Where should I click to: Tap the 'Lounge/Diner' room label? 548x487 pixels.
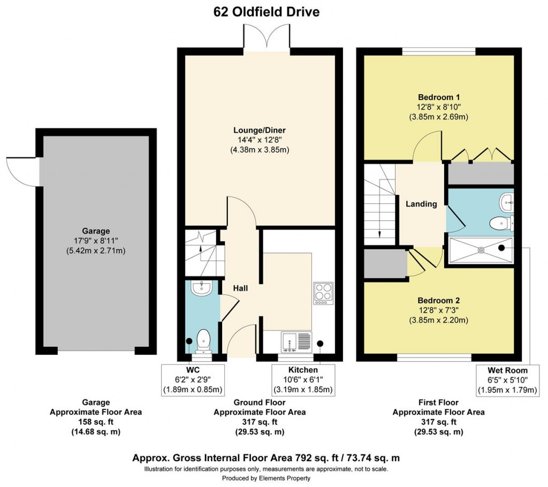(259, 130)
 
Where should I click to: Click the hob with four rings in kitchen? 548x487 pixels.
(323, 293)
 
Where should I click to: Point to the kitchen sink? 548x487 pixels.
(296, 341)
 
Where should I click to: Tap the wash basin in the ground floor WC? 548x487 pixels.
(202, 287)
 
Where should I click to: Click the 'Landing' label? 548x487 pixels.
(421, 204)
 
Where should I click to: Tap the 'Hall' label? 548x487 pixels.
(240, 288)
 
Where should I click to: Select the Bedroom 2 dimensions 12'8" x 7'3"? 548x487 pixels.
(439, 310)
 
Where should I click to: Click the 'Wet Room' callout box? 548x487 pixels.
(507, 380)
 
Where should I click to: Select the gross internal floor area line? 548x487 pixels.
(266, 458)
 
